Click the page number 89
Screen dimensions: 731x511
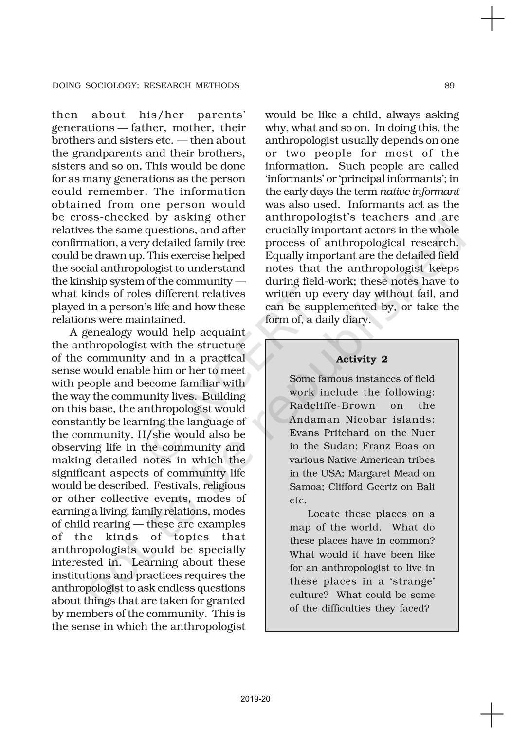click(x=449, y=86)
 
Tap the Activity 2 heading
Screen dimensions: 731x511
click(x=362, y=360)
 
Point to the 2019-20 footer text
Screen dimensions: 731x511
click(x=255, y=699)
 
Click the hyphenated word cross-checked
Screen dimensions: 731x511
click(x=108, y=217)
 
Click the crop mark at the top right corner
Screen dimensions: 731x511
click(x=492, y=19)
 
